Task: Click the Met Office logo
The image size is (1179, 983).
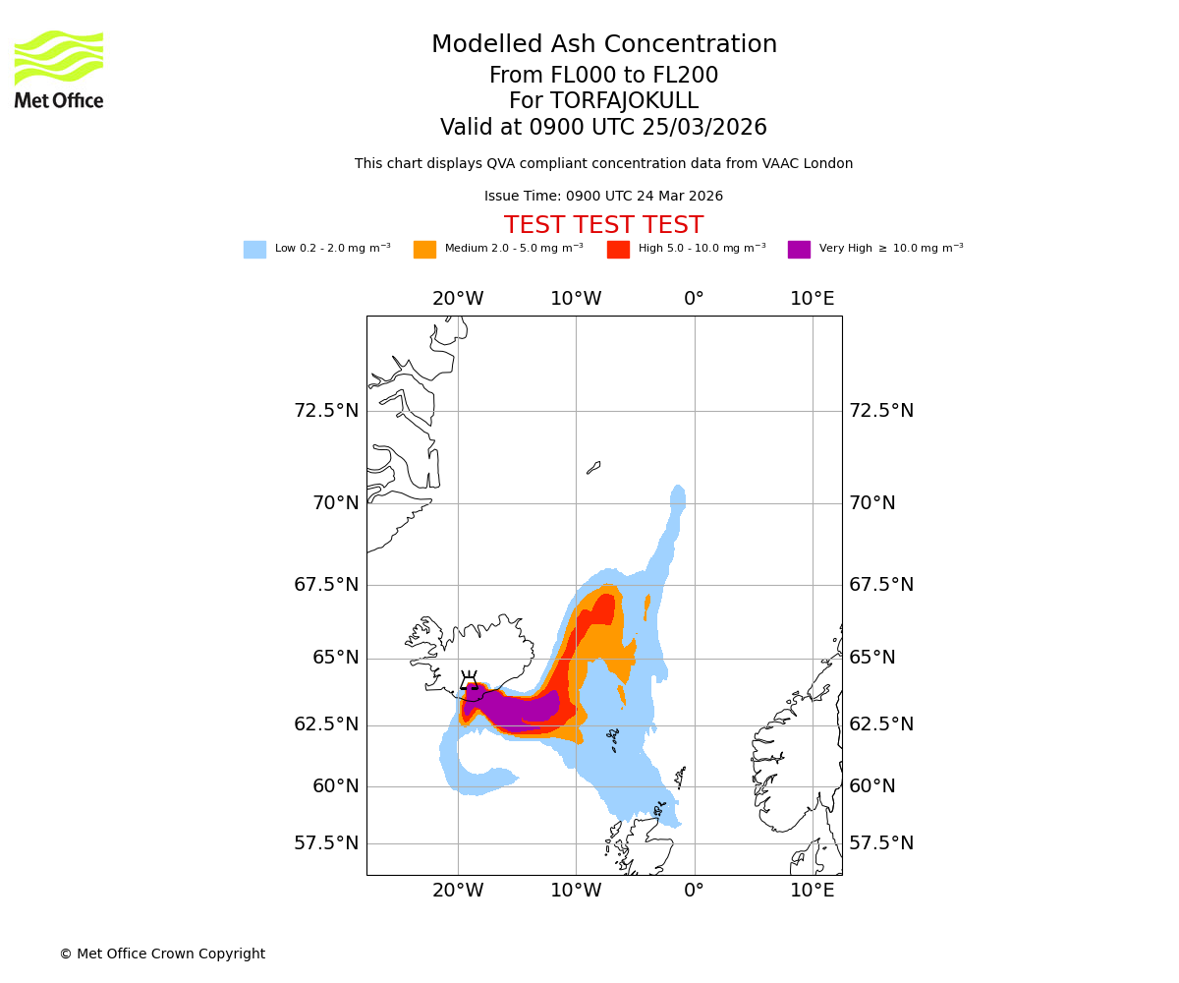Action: point(59,69)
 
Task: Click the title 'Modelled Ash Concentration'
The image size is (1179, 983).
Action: point(603,45)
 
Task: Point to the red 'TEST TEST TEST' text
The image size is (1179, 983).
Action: point(603,226)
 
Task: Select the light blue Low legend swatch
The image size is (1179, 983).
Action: point(254,250)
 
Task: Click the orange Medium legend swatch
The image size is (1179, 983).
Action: point(424,250)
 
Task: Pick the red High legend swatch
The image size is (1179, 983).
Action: point(618,250)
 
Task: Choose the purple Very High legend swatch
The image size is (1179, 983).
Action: point(799,250)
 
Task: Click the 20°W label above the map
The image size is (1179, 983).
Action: point(458,299)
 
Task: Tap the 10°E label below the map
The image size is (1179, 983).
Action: point(813,891)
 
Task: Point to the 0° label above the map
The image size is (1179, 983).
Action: point(694,299)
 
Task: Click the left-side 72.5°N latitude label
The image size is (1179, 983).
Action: point(326,411)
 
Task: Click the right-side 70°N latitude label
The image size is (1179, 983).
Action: point(872,503)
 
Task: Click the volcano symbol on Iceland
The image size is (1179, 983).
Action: point(470,680)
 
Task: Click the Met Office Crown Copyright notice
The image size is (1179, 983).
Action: point(162,954)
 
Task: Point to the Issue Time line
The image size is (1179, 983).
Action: point(603,197)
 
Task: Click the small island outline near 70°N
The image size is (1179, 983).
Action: point(593,468)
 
